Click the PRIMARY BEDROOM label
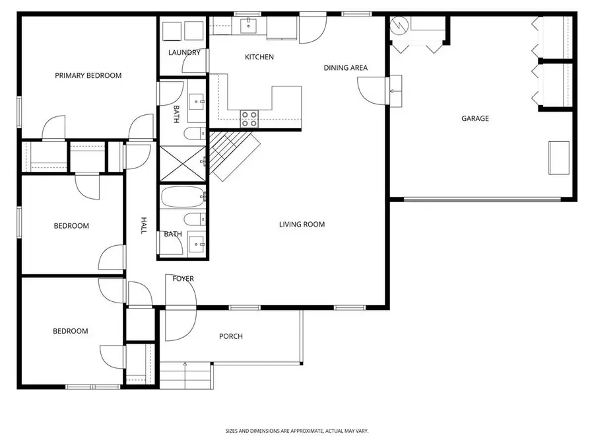[x=88, y=75]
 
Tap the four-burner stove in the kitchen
[x=249, y=118]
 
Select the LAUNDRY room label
[x=184, y=52]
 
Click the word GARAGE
[x=475, y=118]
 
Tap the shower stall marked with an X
[x=183, y=163]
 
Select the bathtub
[x=183, y=196]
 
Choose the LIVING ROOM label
[x=302, y=225]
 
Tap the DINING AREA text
[x=345, y=67]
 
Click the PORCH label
[x=230, y=336]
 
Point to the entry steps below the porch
[x=185, y=377]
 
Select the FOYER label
[x=183, y=279]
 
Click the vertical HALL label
[x=143, y=226]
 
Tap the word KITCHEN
[x=259, y=57]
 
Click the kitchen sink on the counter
[x=248, y=26]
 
